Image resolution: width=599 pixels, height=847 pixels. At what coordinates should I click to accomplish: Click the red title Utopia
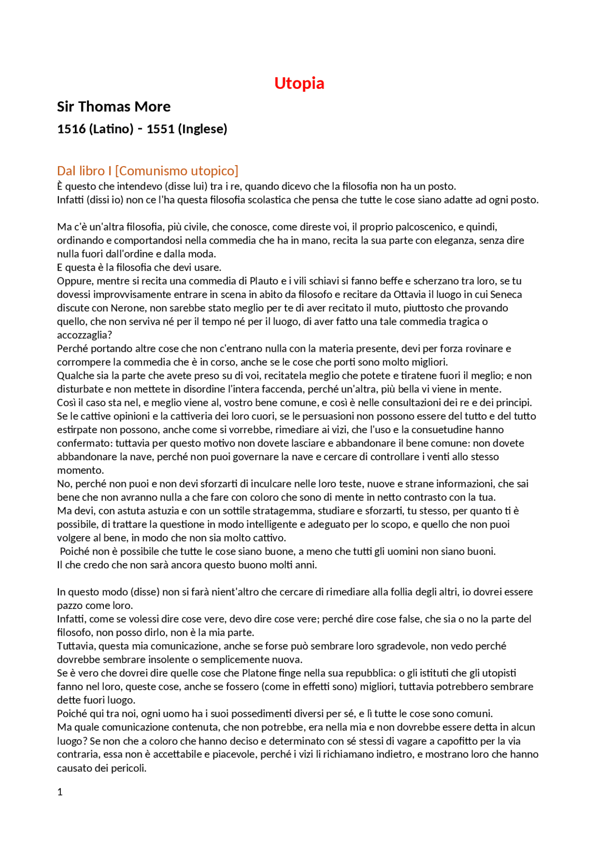pos(299,83)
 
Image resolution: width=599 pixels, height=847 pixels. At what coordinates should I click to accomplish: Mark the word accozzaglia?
pos(85,335)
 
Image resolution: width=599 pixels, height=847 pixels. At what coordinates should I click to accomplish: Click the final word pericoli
pos(129,768)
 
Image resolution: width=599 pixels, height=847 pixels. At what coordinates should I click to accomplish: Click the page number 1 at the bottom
pos(60,792)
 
